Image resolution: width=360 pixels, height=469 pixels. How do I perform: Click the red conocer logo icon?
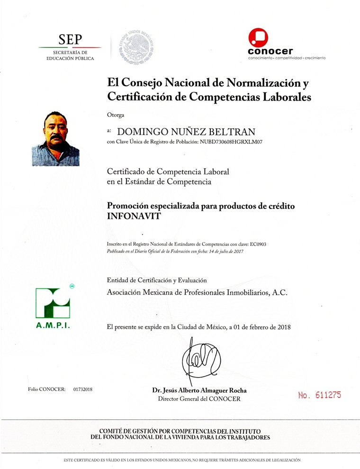(259, 37)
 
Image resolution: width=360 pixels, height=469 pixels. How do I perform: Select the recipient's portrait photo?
(55, 138)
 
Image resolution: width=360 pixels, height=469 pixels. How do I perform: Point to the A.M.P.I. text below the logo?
(53, 326)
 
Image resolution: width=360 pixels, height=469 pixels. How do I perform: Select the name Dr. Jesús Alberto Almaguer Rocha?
(199, 391)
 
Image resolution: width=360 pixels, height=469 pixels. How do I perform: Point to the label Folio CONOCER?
(47, 389)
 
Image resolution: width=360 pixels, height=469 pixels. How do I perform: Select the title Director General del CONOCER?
(199, 399)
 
